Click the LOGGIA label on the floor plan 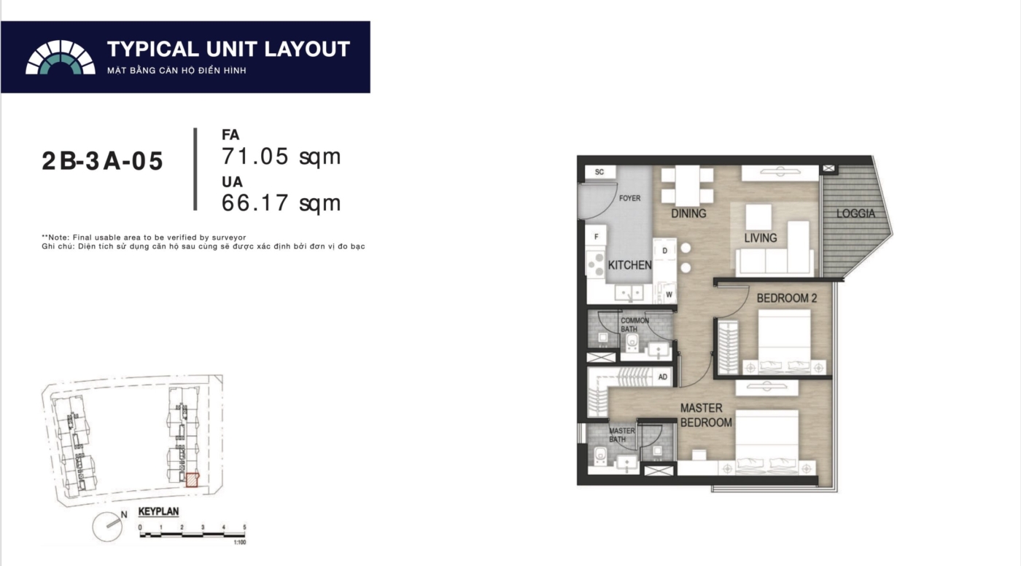pyautogui.click(x=855, y=213)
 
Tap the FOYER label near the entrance pyautogui.click(x=629, y=198)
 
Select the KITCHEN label pyautogui.click(x=629, y=265)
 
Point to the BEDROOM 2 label pyautogui.click(x=787, y=298)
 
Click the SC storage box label pyautogui.click(x=599, y=172)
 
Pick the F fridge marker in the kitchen pyautogui.click(x=597, y=237)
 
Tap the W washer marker pyautogui.click(x=669, y=294)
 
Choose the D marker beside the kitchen pyautogui.click(x=664, y=251)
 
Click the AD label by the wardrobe pyautogui.click(x=663, y=377)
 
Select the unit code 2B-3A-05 pyautogui.click(x=102, y=161)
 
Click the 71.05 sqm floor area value pyautogui.click(x=282, y=156)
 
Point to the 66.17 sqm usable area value pyautogui.click(x=282, y=203)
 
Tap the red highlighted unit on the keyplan pyautogui.click(x=193, y=480)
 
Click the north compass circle pyautogui.click(x=107, y=527)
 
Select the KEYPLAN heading pyautogui.click(x=159, y=511)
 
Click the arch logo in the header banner pyautogui.click(x=60, y=58)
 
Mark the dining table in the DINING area pyautogui.click(x=687, y=186)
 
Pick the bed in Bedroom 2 pyautogui.click(x=785, y=342)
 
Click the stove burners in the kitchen pyautogui.click(x=596, y=264)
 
